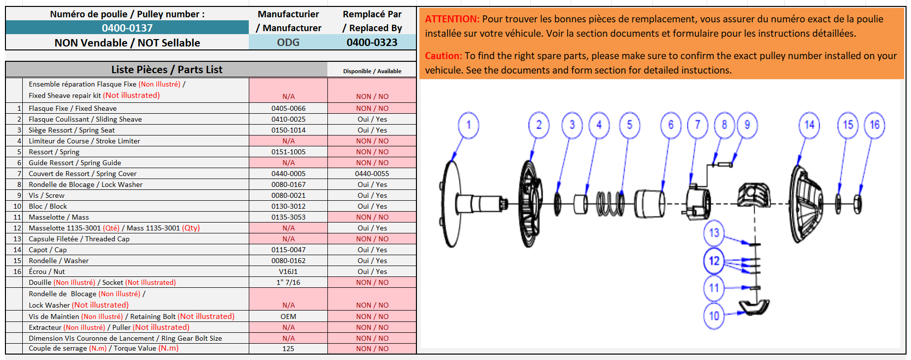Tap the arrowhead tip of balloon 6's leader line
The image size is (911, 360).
(x=662, y=190)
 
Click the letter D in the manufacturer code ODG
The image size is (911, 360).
(x=288, y=43)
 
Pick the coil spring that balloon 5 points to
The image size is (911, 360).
(x=610, y=203)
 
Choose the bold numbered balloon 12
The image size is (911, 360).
(x=714, y=261)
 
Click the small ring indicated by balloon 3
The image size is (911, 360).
(x=557, y=203)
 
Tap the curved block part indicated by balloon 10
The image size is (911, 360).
(x=754, y=307)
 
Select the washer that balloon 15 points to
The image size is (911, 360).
(x=838, y=204)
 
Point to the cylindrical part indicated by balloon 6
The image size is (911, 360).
(x=649, y=203)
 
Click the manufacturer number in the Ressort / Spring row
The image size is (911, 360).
(x=288, y=152)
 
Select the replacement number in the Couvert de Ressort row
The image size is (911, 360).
(x=372, y=174)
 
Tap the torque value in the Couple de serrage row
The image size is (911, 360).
(x=288, y=349)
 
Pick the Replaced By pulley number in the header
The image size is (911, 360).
(x=372, y=43)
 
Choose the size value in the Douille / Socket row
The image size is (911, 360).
(x=288, y=282)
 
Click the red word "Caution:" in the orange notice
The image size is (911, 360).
(x=444, y=56)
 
